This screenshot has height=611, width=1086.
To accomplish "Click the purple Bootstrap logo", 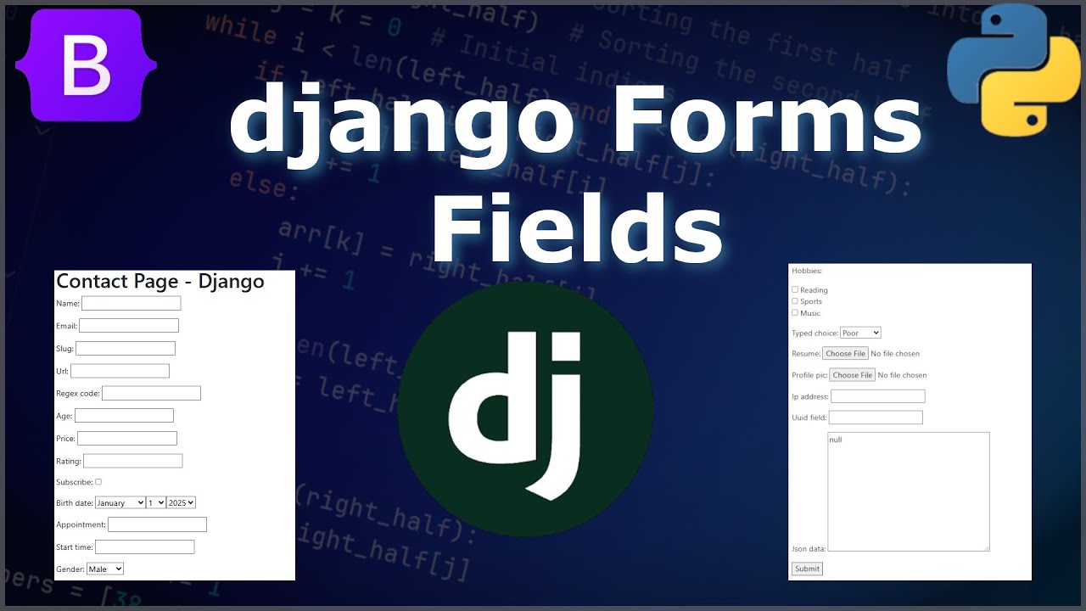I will [x=86, y=64].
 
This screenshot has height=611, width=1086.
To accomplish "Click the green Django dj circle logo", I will [x=525, y=409].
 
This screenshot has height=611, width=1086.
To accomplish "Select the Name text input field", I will [x=132, y=304].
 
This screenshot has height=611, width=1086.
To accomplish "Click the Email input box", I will [x=129, y=326].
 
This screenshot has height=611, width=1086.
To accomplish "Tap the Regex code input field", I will [x=151, y=394].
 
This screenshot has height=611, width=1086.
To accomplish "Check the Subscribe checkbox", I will [x=98, y=482].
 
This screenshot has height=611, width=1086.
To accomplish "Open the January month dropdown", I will [x=120, y=502].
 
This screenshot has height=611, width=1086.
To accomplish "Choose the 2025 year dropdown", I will [x=181, y=502].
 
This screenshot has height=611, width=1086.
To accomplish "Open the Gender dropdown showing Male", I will [x=105, y=569].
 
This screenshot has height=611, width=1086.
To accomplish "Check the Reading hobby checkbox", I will [x=795, y=289].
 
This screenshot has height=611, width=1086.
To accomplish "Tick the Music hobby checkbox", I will [x=795, y=312].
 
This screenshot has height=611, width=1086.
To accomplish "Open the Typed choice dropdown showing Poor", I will [x=860, y=333].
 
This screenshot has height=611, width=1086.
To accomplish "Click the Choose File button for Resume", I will [x=845, y=353].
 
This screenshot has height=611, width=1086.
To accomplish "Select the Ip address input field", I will [x=877, y=396].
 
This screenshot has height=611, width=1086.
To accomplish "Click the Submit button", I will [x=807, y=569].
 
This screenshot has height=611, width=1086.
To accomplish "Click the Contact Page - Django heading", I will [x=160, y=282].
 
